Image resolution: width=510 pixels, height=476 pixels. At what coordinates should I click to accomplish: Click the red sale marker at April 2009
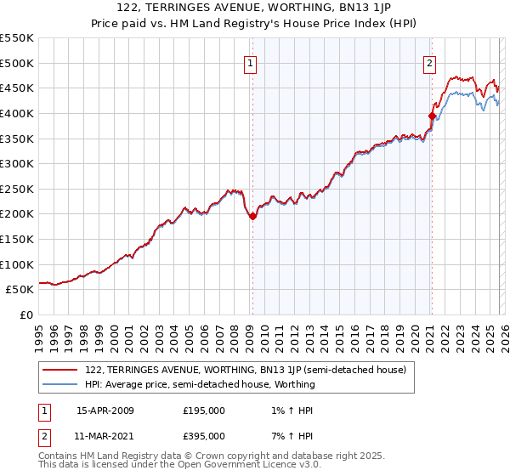[x=252, y=217]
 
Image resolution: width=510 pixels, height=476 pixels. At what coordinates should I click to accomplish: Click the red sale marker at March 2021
[x=432, y=116]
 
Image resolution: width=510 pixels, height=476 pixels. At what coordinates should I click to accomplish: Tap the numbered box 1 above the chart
[x=252, y=62]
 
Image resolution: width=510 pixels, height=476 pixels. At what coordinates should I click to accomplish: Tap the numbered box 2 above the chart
[x=430, y=62]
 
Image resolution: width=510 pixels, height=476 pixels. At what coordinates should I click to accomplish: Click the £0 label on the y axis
[x=26, y=314]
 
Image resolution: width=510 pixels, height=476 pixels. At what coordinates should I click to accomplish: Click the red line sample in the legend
[x=60, y=370]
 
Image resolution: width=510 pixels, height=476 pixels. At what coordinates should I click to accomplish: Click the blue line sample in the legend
[x=60, y=384]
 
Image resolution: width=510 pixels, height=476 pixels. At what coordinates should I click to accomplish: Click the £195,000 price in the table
[x=204, y=410]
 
